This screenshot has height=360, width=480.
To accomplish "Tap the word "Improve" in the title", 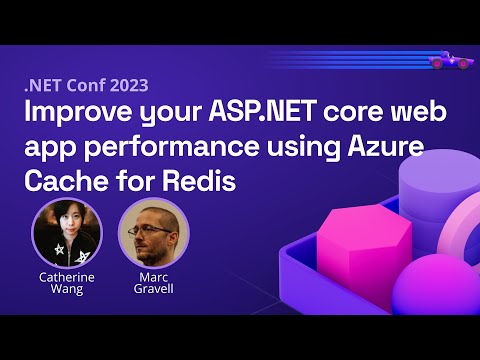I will click(73, 113).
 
